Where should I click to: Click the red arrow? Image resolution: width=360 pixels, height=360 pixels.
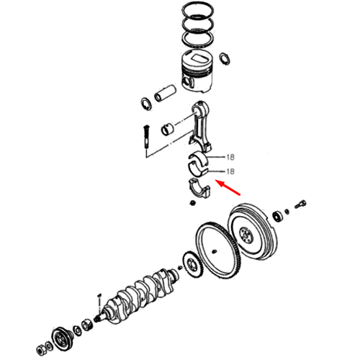pyautogui.click(x=228, y=188)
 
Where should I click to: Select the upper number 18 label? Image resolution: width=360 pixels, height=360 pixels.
pyautogui.click(x=230, y=157)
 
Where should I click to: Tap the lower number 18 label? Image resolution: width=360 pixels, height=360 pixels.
pyautogui.click(x=230, y=171)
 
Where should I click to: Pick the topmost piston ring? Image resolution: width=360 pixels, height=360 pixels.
pyautogui.click(x=198, y=11)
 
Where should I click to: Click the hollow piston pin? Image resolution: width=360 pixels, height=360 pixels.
pyautogui.click(x=166, y=93)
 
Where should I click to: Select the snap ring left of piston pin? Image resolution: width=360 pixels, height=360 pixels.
pyautogui.click(x=146, y=104)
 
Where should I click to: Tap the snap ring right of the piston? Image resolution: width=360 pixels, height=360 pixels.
pyautogui.click(x=225, y=58)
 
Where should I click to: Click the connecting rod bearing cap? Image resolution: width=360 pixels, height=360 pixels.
pyautogui.click(x=199, y=189)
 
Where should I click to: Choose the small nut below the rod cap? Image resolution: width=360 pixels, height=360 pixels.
pyautogui.click(x=192, y=203)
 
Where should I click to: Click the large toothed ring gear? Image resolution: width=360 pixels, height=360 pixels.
pyautogui.click(x=218, y=251)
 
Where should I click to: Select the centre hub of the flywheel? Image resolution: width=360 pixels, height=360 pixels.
pyautogui.click(x=246, y=235)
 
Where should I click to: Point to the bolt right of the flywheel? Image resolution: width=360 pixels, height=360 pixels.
pyautogui.click(x=300, y=204)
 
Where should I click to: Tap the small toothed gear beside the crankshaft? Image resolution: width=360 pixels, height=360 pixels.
pyautogui.click(x=193, y=264)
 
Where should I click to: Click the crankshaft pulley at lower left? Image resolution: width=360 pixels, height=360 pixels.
pyautogui.click(x=61, y=338)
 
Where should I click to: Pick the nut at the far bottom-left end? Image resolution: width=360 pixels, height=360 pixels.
pyautogui.click(x=40, y=350)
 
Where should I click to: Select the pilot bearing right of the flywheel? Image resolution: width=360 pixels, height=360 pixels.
pyautogui.click(x=279, y=216)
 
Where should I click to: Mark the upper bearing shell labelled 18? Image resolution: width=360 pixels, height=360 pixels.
pyautogui.click(x=199, y=158)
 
